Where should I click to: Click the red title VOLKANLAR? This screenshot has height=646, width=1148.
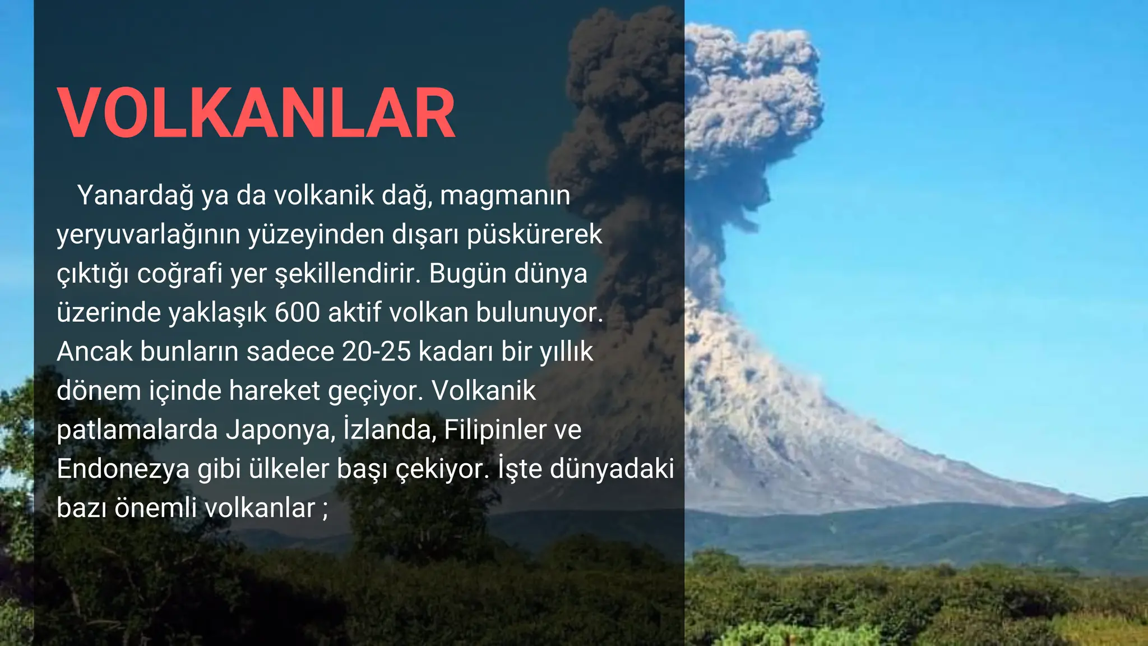tap(256, 113)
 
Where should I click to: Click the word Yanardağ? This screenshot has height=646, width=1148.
tap(136, 196)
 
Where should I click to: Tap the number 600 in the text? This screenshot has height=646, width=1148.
tap(297, 313)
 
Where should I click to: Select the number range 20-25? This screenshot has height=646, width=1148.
tap(376, 352)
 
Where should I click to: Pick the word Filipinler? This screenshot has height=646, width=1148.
tap(495, 430)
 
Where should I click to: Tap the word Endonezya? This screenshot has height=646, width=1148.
tap(123, 469)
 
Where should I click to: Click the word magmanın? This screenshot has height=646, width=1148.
tap(505, 196)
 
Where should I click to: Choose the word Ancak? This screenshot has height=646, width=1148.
tap(94, 352)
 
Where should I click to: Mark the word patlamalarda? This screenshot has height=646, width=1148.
tap(137, 430)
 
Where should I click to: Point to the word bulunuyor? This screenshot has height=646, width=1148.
tap(539, 313)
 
